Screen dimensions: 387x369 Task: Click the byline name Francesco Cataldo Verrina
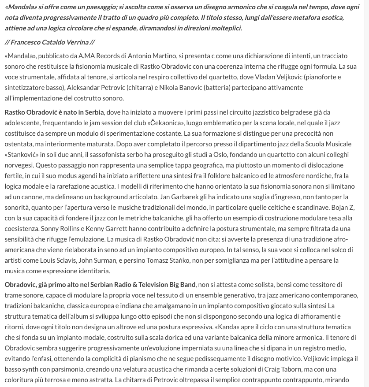point(52,42)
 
